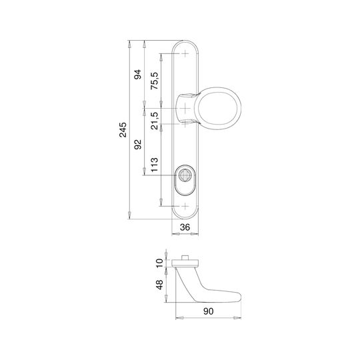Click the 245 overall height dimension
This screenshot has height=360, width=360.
tap(123, 130)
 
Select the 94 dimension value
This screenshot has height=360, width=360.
tap(138, 75)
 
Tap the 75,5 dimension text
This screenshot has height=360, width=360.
tap(154, 81)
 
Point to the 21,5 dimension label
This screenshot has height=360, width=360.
tap(154, 121)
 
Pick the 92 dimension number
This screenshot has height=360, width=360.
tap(138, 145)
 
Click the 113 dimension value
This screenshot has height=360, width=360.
tap(154, 165)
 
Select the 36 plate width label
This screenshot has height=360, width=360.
tap(185, 227)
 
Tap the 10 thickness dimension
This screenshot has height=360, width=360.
tap(159, 263)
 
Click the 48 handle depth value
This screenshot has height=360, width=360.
tap(159, 285)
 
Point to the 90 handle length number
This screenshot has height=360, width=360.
tap(208, 311)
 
